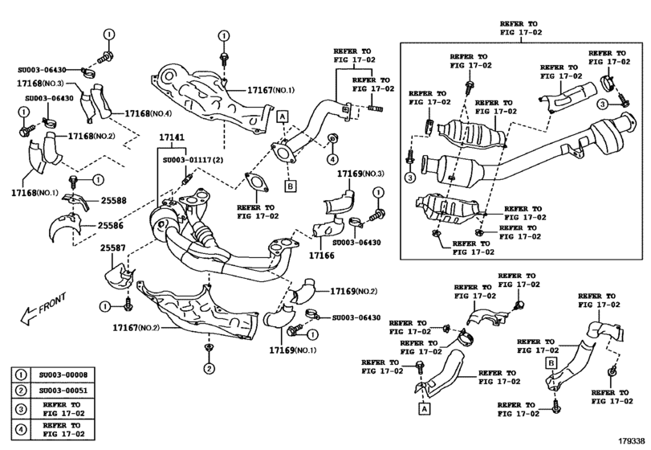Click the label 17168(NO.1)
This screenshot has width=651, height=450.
tap(35, 194)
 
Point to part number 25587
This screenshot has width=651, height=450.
tap(114, 250)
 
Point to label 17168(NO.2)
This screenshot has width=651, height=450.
tap(93, 137)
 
